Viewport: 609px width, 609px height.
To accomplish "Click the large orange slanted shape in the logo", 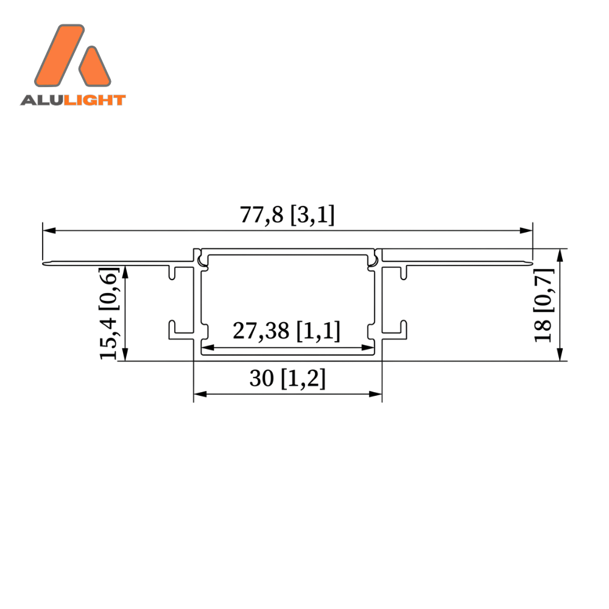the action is click(60, 55).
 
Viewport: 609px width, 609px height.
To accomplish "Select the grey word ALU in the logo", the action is click(41, 100).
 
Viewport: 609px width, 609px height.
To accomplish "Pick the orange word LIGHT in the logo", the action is click(94, 100).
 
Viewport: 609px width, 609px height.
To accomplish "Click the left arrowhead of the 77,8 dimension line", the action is click(49, 231).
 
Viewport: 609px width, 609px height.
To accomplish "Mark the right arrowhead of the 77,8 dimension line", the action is click(526, 231).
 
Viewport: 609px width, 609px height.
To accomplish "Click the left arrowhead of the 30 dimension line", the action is click(200, 394).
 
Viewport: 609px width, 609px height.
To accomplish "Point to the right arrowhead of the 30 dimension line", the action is click(376, 394).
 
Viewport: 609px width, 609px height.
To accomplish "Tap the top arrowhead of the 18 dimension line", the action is click(560, 255).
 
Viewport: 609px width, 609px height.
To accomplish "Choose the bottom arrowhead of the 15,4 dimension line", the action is click(125, 354).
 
